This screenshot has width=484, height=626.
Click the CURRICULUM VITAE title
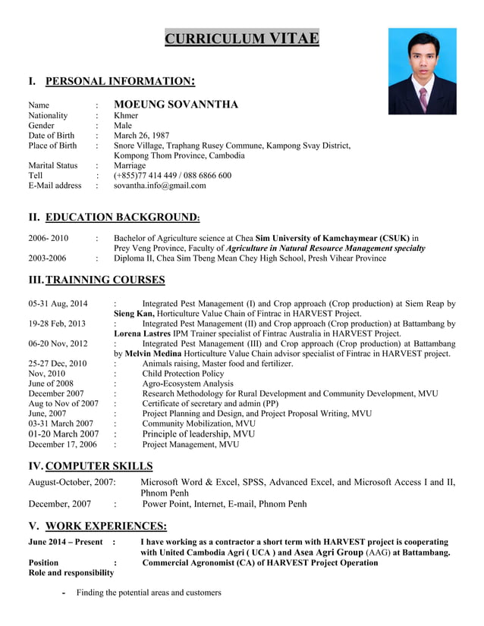242,39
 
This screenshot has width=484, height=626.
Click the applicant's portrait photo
422,71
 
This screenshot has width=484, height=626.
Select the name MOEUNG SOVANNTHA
176,105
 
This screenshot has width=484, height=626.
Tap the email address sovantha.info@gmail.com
159,185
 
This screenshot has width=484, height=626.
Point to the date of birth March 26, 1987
142,136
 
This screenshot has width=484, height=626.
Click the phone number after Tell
172,175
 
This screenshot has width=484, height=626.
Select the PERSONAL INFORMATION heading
120,81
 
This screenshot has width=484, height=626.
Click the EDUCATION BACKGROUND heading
122,218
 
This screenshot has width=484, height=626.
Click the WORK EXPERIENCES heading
106,526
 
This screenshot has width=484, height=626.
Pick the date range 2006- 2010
48,238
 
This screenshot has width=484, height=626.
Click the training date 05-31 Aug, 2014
58,303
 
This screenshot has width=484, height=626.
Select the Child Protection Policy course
183,374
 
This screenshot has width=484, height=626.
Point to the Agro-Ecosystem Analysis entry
187,383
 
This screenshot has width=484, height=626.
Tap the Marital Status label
52,165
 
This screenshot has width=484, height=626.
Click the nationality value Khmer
126,116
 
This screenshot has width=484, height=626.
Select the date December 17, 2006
63,445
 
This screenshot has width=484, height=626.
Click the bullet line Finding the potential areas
148,592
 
